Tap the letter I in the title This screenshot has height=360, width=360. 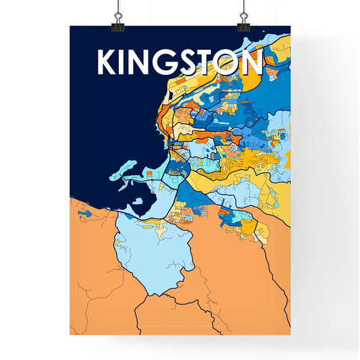126,63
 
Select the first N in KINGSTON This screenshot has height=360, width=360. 143,63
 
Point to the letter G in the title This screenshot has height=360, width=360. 169,63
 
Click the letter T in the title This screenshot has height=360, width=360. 210,63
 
